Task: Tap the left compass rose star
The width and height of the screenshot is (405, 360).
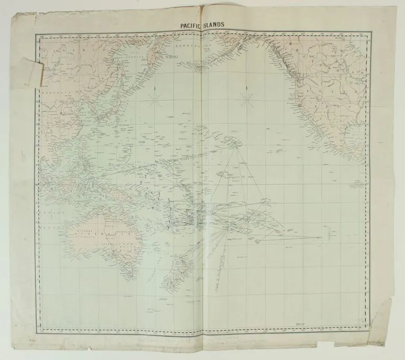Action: [155, 99]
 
